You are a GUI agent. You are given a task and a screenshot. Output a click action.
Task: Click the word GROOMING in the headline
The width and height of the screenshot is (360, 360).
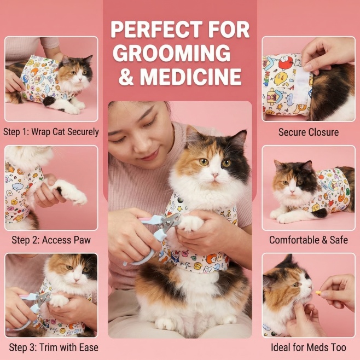pos(171,53)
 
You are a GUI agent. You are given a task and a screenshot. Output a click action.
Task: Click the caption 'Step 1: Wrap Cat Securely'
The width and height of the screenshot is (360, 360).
pos(51,132)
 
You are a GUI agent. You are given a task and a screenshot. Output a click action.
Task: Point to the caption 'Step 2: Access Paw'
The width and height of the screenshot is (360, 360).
pos(51,240)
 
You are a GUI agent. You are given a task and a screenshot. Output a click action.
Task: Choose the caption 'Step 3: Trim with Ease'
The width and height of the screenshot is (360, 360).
pos(54,347)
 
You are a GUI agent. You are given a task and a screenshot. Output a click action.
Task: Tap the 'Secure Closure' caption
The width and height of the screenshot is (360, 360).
pos(309,132)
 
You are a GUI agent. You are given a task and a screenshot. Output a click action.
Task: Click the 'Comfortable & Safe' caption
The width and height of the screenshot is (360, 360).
pos(309,240)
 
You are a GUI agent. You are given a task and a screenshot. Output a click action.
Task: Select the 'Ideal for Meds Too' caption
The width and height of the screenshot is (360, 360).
pos(309,347)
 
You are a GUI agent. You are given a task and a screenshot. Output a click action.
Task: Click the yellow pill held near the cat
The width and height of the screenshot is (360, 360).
pos(318,293)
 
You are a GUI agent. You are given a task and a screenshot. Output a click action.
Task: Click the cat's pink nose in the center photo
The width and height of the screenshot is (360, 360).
pos(215,176)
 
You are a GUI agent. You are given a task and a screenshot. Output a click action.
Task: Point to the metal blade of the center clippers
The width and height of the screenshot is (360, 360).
pos(170,220)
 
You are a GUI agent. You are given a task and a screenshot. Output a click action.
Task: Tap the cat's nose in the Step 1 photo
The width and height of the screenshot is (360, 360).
pos(80,79)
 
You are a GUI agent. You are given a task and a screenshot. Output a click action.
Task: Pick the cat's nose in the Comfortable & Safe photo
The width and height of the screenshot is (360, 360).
pos(292,191)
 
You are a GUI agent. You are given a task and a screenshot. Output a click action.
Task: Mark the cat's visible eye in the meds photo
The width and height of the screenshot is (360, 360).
pos(295,284)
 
